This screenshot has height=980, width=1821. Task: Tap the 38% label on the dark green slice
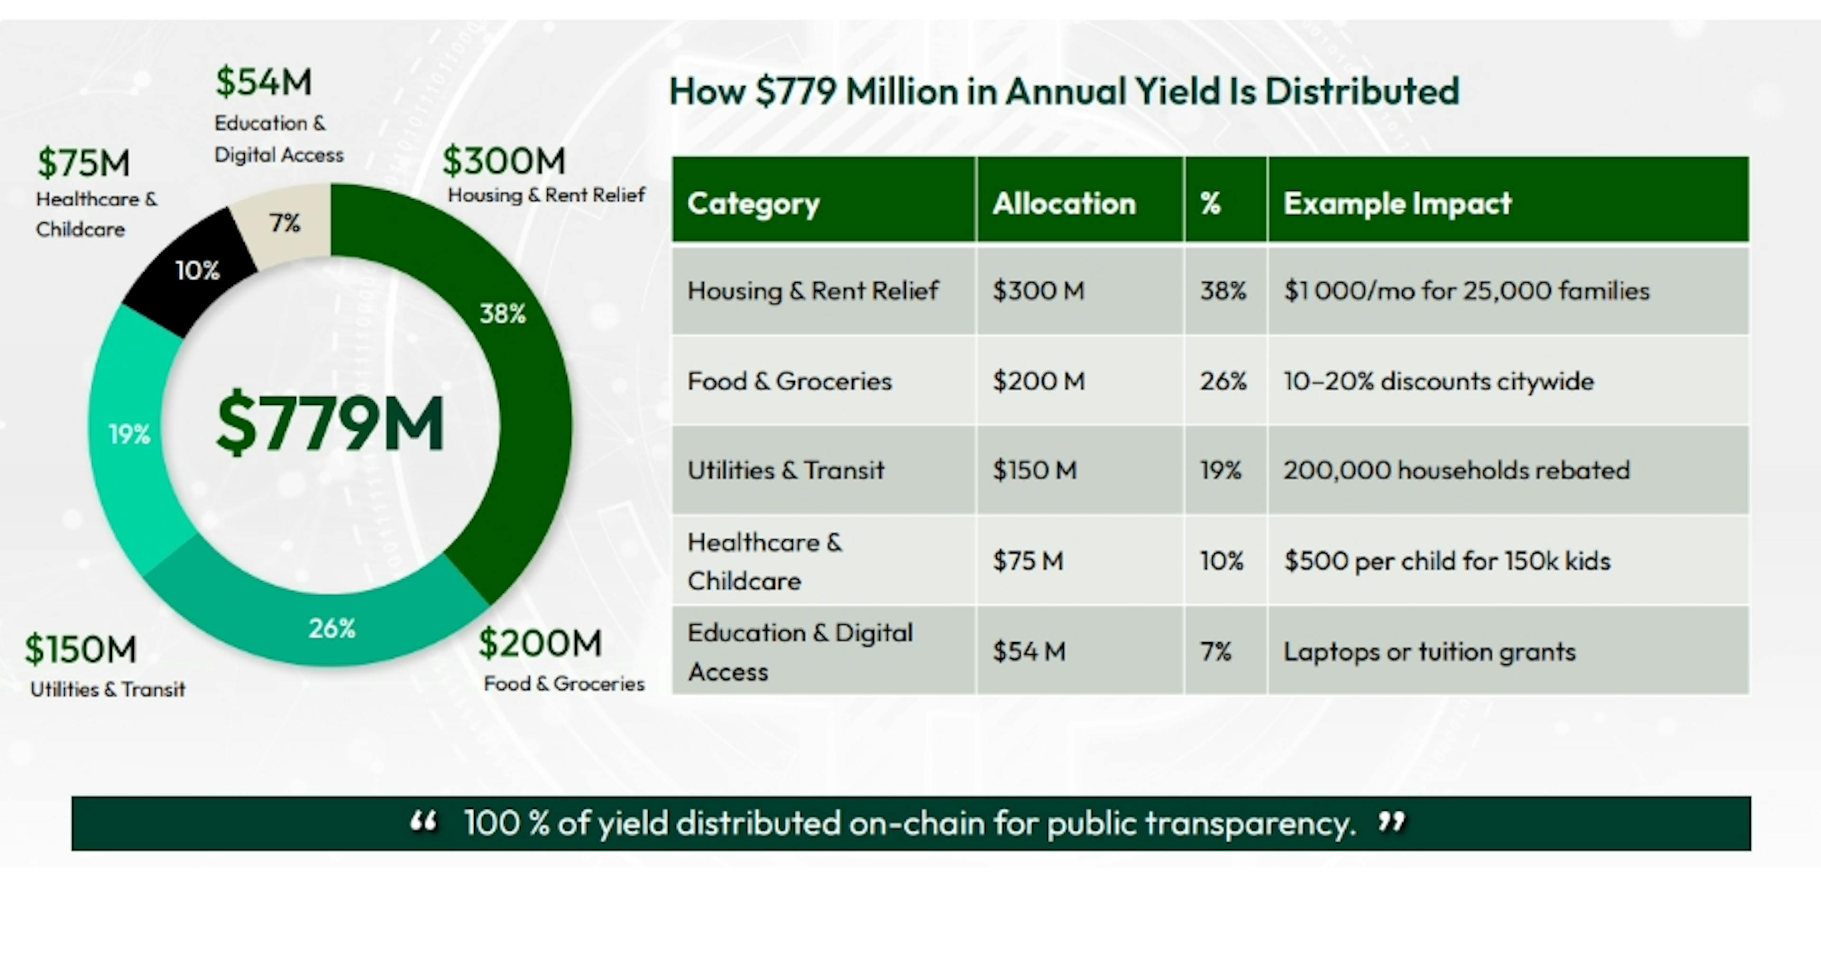click(503, 313)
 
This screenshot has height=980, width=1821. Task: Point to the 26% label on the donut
click(331, 628)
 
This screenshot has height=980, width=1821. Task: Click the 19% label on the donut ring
click(129, 434)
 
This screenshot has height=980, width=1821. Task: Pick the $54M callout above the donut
click(263, 82)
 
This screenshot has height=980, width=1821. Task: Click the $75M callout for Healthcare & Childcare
click(83, 163)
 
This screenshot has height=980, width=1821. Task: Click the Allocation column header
click(1063, 203)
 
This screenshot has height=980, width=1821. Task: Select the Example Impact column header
click(1397, 203)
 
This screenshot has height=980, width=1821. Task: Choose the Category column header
click(753, 203)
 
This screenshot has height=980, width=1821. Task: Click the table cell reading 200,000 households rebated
click(1456, 470)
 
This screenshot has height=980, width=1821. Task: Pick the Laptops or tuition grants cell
click(1429, 651)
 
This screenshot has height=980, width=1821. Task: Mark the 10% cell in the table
click(1221, 561)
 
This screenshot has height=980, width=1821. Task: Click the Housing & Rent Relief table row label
click(812, 291)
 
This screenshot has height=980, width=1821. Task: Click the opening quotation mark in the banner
click(423, 821)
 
